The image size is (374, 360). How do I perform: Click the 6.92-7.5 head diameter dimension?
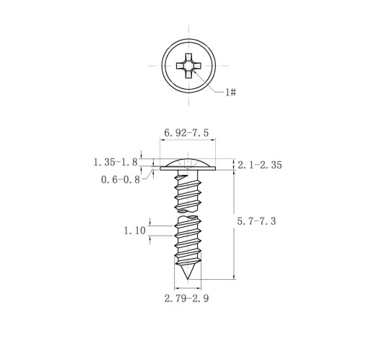[186, 133]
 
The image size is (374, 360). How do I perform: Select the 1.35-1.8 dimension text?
[116, 162]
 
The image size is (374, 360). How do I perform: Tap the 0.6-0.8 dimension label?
[121, 179]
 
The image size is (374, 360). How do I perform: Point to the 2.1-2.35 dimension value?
[260, 165]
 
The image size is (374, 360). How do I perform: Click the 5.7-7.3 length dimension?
[256, 221]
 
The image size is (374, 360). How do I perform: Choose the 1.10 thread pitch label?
[134, 231]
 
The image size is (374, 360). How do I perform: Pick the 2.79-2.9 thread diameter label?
[186, 299]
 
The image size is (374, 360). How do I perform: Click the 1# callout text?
[230, 92]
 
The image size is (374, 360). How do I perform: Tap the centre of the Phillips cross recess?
[188, 66]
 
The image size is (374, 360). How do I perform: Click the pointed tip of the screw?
[188, 279]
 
